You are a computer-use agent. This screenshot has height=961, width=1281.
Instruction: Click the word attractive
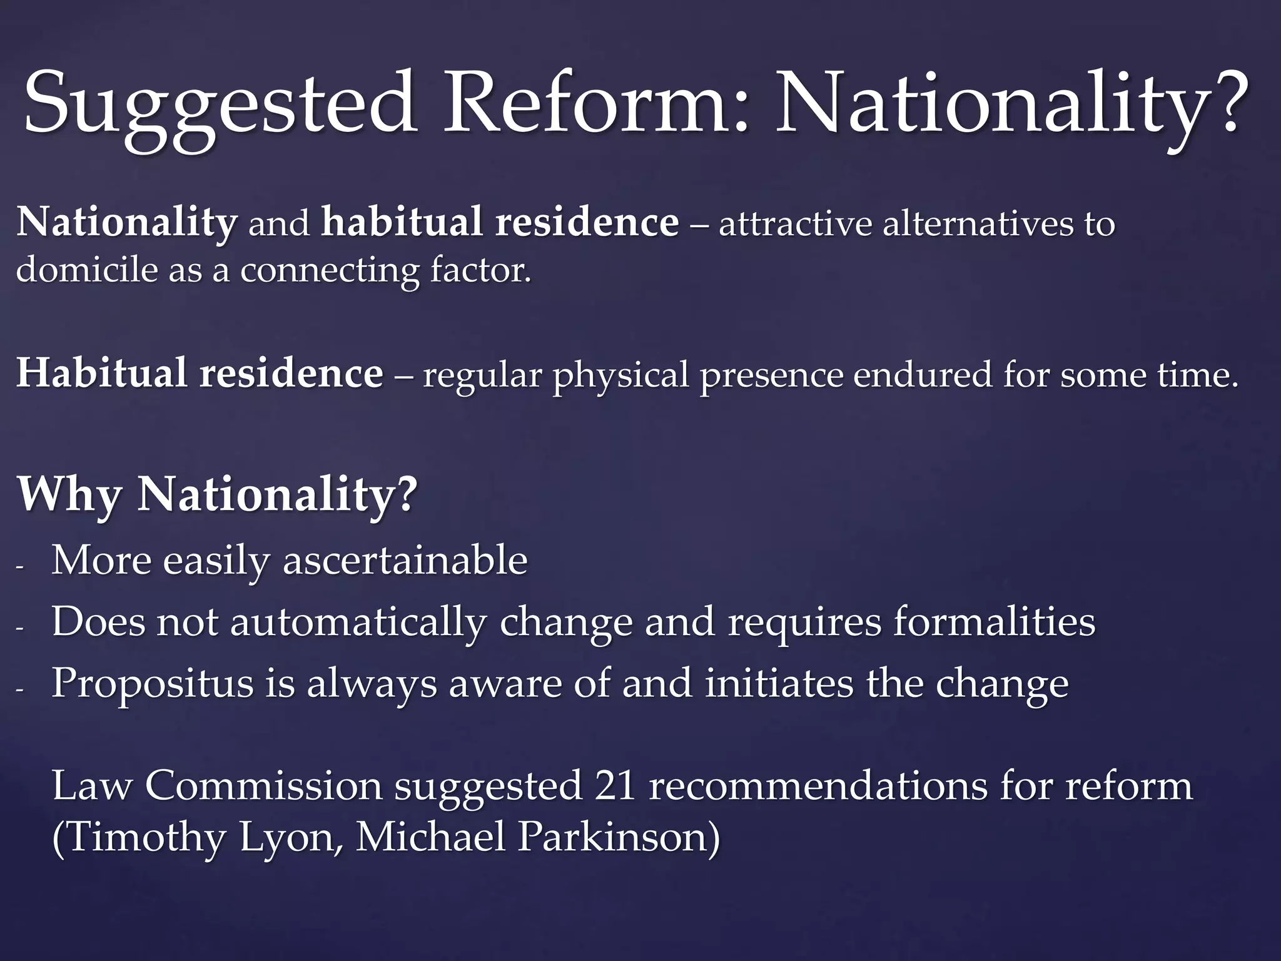pyautogui.click(x=794, y=224)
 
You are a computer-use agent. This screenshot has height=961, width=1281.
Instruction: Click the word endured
pyautogui.click(x=922, y=374)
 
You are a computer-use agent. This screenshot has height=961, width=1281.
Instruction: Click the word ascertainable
pyautogui.click(x=405, y=560)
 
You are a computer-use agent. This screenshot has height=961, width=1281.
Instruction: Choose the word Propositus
pyautogui.click(x=153, y=684)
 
